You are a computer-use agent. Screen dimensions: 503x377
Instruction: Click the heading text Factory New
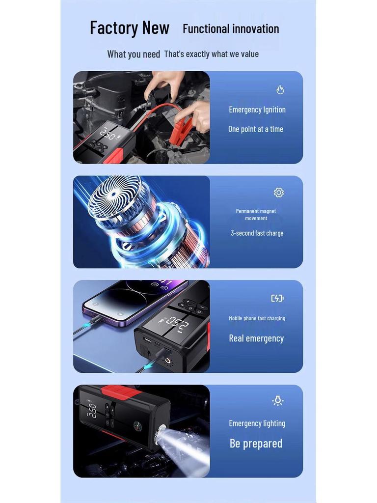(130, 28)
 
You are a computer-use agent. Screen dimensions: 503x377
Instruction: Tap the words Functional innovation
(231, 29)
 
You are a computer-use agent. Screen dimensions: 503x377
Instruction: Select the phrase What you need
(134, 54)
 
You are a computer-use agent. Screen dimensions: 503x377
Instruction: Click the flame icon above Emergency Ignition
(280, 90)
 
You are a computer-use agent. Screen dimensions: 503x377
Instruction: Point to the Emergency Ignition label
(257, 110)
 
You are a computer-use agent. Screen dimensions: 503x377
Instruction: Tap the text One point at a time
(256, 129)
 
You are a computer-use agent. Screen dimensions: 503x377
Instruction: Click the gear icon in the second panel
(279, 193)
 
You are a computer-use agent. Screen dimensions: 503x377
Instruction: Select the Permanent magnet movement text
(256, 215)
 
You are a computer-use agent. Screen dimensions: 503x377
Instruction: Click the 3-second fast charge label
(257, 233)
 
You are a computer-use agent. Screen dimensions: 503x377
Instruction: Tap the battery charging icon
(277, 298)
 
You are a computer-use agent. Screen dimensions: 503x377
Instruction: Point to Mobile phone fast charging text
(257, 318)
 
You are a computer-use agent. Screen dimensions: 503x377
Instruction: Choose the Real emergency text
(256, 338)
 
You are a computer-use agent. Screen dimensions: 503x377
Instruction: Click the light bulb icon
(278, 401)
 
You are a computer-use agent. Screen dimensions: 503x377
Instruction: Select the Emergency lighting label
(257, 423)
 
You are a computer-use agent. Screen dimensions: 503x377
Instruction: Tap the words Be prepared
(256, 444)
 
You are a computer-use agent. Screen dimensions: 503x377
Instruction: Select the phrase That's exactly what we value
(211, 54)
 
